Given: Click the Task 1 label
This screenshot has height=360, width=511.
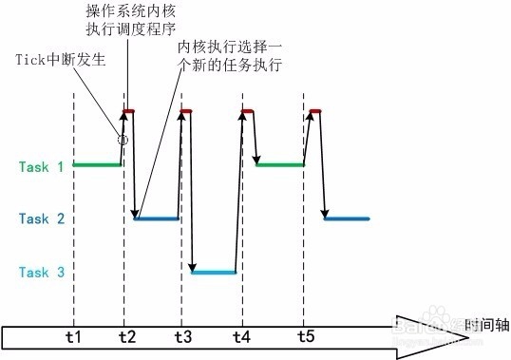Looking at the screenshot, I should click(x=40, y=167).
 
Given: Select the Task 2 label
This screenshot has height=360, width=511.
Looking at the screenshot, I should click(x=40, y=219).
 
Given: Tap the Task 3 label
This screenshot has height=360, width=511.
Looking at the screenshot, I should click(x=40, y=274).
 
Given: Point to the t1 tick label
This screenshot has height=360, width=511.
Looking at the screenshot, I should click(x=73, y=337).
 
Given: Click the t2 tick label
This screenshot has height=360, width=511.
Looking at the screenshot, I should click(x=127, y=337).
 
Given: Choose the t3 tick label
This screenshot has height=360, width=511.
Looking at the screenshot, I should click(x=182, y=337).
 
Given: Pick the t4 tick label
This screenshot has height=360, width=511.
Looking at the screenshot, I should click(x=241, y=337).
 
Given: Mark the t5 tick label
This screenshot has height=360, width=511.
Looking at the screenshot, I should click(x=304, y=337).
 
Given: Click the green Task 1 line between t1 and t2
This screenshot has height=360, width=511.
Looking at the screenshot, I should click(x=98, y=165).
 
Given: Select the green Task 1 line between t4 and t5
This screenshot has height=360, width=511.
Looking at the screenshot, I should click(x=280, y=165).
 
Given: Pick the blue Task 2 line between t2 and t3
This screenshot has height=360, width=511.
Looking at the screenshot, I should click(x=157, y=219).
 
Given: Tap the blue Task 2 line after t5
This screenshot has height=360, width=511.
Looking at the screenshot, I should click(x=347, y=219).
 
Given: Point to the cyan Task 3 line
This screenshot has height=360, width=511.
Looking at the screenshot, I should click(x=214, y=273).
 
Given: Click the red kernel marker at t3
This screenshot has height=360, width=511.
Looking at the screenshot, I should click(x=186, y=112).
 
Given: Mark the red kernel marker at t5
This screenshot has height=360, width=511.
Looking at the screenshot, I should click(x=314, y=112).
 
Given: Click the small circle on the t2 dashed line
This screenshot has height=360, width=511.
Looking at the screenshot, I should click(x=123, y=140).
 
